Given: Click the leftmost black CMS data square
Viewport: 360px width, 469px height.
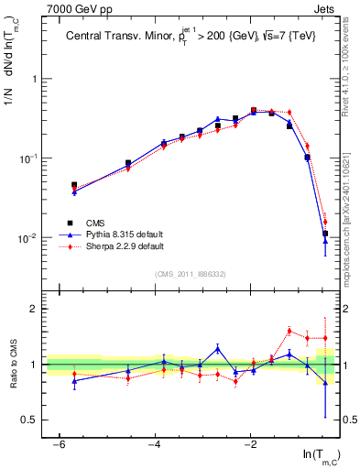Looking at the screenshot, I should tap(74, 185).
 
